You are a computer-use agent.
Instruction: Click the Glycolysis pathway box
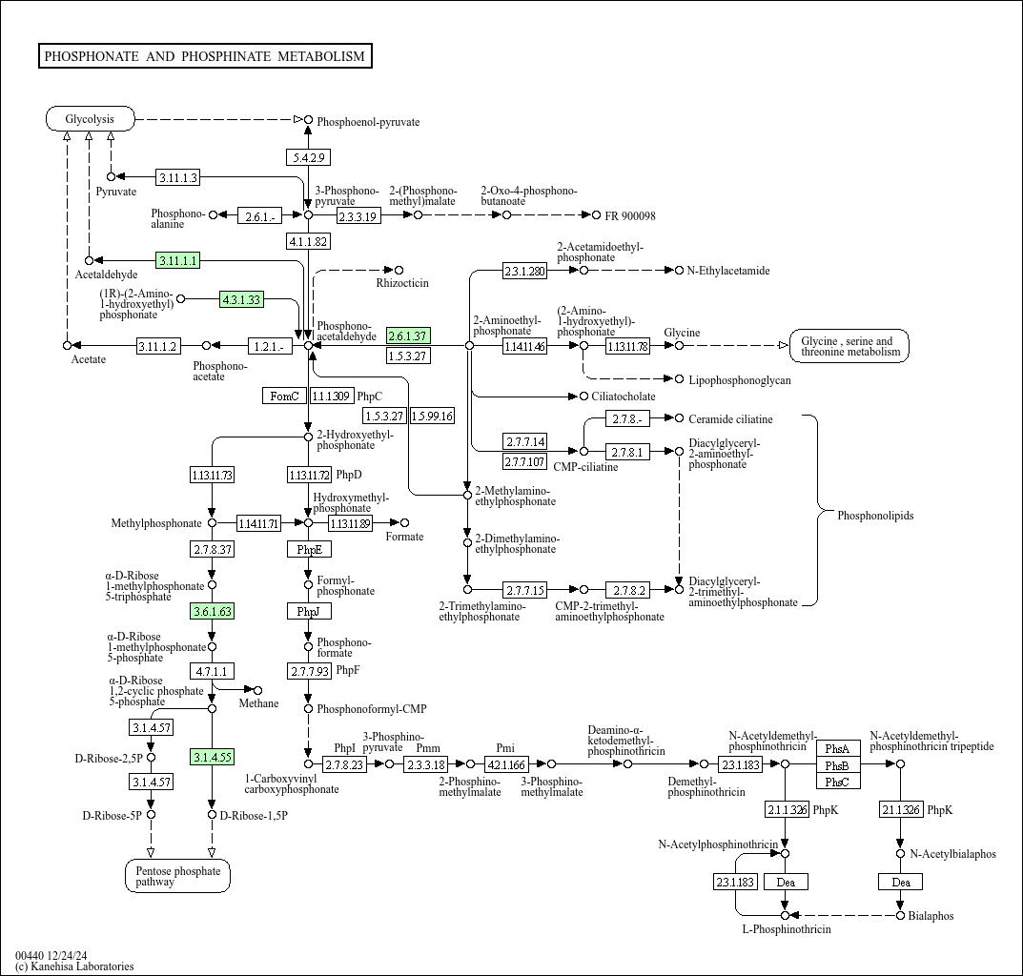click(x=90, y=119)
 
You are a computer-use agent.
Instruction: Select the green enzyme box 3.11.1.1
click(x=177, y=260)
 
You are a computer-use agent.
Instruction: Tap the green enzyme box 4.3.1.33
click(x=240, y=299)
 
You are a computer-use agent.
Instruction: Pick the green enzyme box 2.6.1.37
click(x=408, y=335)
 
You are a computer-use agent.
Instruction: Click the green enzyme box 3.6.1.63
click(x=212, y=611)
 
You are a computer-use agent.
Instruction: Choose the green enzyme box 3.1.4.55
click(x=212, y=758)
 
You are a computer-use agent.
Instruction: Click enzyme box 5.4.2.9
click(x=308, y=157)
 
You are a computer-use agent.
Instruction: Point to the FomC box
click(x=284, y=396)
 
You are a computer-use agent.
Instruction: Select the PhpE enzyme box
click(x=309, y=549)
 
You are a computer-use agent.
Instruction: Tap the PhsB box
click(x=837, y=765)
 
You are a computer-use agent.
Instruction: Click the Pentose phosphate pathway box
click(x=177, y=876)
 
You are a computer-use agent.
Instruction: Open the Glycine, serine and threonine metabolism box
click(x=849, y=346)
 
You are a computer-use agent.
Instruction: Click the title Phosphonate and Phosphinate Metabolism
click(x=205, y=56)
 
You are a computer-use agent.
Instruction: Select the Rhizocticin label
click(x=401, y=283)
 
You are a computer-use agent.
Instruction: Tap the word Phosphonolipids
click(x=875, y=516)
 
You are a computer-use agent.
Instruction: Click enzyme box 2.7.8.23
click(x=344, y=764)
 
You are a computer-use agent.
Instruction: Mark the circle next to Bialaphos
click(x=900, y=916)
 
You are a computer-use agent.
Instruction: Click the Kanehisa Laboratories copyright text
click(x=74, y=966)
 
